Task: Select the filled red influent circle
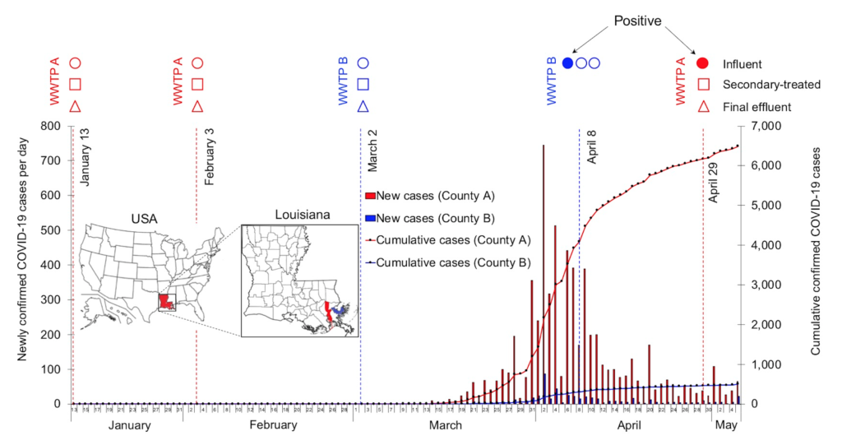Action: [x=703, y=63]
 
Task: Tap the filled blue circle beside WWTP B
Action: [x=567, y=63]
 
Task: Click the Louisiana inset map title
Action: [x=303, y=215]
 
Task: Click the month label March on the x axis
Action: [x=445, y=425]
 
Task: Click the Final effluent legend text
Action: [x=756, y=106]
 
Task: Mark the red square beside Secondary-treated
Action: [x=703, y=84]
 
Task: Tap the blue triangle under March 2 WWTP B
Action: [x=363, y=106]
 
